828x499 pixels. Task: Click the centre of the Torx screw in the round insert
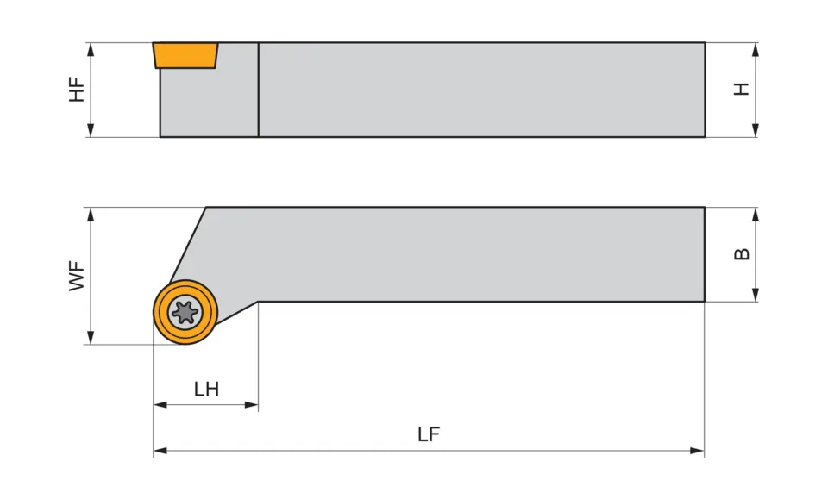[185, 312]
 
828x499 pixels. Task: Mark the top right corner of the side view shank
[705, 43]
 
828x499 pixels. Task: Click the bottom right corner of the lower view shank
[705, 301]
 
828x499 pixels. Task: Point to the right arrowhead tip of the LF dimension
[705, 451]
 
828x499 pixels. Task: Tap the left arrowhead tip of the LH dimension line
[154, 404]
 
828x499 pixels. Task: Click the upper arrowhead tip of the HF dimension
[91, 43]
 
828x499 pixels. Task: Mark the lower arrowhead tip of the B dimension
[756, 301]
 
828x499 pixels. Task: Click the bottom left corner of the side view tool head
[160, 137]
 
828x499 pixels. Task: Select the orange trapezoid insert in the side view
[185, 55]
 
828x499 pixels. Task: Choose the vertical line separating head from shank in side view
[258, 90]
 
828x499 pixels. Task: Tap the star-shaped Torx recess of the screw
[185, 312]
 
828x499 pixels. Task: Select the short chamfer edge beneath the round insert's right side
[238, 312]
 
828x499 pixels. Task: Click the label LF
[429, 434]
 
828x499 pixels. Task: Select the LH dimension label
[206, 389]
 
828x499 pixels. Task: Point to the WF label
[77, 275]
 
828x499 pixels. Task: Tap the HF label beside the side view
[77, 90]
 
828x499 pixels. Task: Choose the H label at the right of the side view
[742, 89]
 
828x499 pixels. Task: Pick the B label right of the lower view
[742, 253]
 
